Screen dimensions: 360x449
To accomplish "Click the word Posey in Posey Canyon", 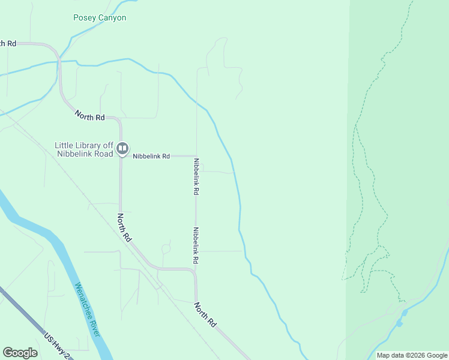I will coord(85,18).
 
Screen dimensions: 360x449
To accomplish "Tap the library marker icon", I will coord(122,148).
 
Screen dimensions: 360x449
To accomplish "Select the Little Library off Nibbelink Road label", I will coord(84,149).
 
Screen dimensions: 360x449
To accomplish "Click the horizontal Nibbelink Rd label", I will coord(151,156).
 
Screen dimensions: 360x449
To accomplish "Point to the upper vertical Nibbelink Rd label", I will coord(196,177).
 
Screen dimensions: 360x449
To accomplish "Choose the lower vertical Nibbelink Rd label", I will coord(196,246).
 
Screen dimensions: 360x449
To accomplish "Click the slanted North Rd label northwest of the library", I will coord(90,115).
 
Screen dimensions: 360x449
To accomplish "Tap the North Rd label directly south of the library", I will coord(124,227).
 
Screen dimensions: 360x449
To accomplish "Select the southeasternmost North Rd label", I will coord(205,314).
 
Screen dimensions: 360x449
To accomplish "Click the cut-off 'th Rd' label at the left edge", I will coord(8,44).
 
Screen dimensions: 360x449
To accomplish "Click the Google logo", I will coord(20,353).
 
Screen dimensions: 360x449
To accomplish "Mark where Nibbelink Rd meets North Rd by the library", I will coord(121,156).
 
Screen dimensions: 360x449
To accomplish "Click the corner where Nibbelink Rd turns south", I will coord(196,156).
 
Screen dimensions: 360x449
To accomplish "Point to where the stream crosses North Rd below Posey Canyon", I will coord(59,61).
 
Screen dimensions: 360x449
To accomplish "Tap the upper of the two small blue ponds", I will coord(405,313).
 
